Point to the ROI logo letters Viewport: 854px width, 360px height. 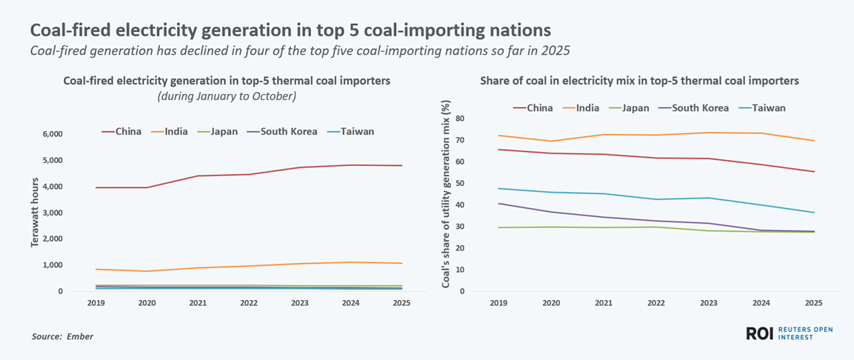click(759, 334)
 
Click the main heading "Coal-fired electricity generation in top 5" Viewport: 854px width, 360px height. click(290, 30)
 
